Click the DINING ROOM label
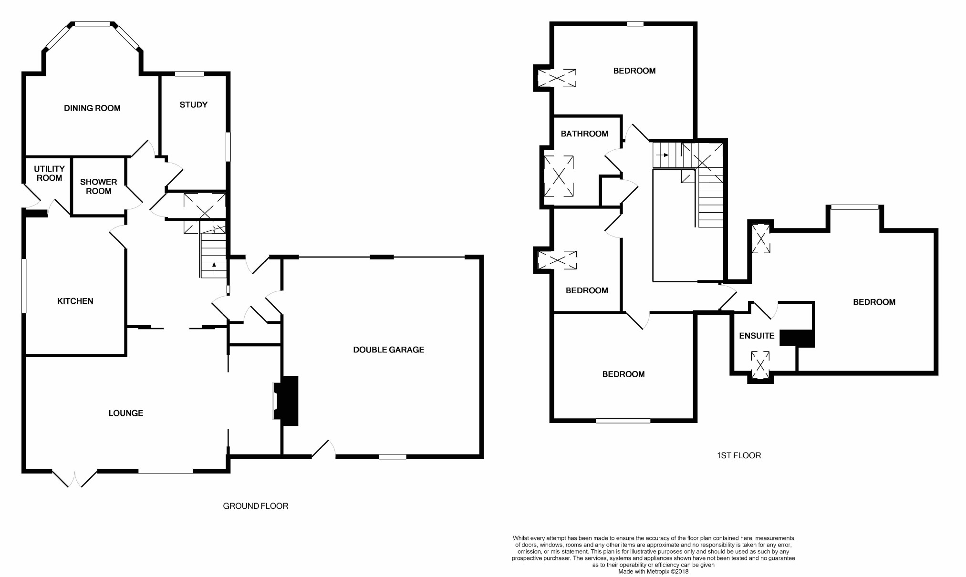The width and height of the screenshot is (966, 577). pos(92,108)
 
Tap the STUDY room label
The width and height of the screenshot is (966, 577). pos(193,105)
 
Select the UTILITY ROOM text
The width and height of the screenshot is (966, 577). pos(49,174)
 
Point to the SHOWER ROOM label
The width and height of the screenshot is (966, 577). pos(98,186)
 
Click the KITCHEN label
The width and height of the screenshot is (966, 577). pos(75,301)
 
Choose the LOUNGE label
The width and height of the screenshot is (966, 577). pos(125,413)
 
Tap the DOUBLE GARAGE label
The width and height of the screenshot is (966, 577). pos(388,350)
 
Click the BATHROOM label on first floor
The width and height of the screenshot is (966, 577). pos(584,134)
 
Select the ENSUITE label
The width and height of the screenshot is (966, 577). pos(756,336)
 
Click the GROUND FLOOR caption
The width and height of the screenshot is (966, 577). pos(255,506)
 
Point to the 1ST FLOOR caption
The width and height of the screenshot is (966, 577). pos(738,456)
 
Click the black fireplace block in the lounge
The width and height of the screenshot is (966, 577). pos(290,401)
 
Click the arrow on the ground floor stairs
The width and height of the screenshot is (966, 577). pos(214,267)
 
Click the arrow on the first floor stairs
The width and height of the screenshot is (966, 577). pos(663,155)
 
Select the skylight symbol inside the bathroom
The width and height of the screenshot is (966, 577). pos(559,176)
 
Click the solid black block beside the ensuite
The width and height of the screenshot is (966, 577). pos(797,338)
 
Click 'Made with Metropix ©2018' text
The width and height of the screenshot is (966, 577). pos(653,572)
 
